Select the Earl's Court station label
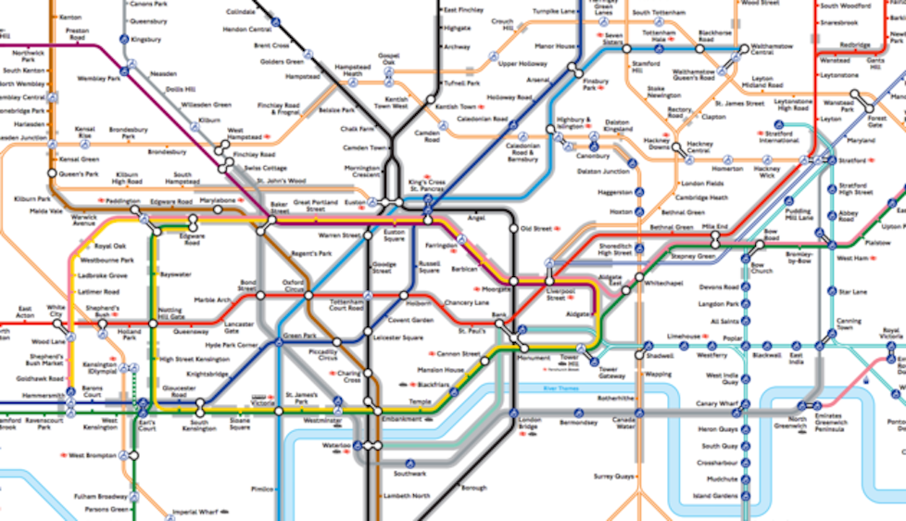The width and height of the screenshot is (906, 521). (146, 427)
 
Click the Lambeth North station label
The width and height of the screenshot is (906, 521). (408, 497)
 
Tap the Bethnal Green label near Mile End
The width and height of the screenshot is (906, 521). (671, 227)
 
